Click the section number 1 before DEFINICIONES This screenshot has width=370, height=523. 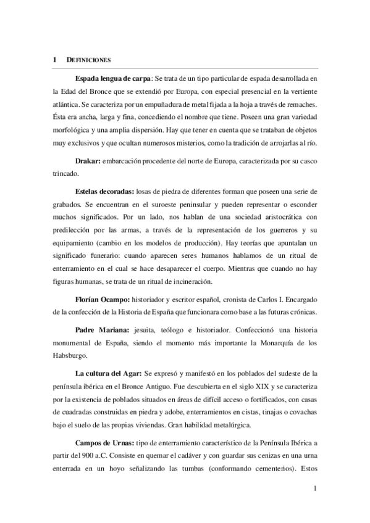point(55,60)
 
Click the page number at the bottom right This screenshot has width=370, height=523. point(315,490)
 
